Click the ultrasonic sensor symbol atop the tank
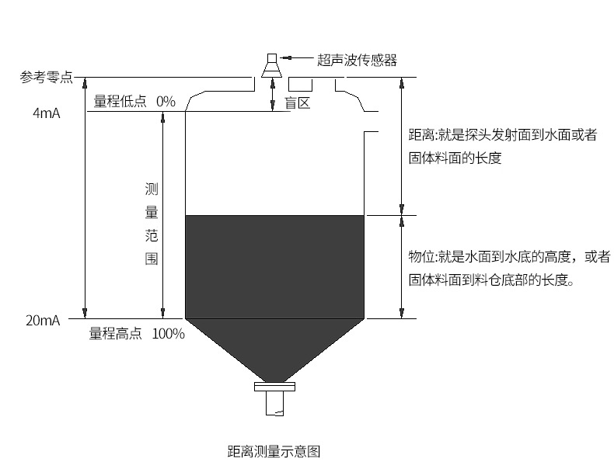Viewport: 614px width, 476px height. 272,65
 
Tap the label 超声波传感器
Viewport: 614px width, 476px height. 357,60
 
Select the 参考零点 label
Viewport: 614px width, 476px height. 47,76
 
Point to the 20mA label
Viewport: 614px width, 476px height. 42,319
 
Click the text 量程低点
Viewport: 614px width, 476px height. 120,101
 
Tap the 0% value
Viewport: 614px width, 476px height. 166,101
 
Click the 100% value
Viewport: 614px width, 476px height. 169,334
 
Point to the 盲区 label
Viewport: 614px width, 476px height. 298,102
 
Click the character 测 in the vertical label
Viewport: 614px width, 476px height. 152,189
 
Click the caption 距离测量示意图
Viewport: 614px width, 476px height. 274,451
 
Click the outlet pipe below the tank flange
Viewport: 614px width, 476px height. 274,405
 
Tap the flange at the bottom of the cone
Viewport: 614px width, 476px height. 274,385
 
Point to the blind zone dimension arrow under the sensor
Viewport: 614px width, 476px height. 272,95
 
